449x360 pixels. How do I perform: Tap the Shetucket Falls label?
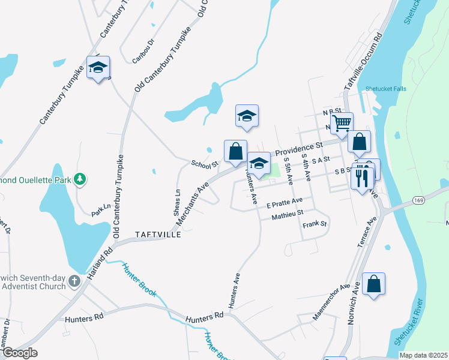pyautogui.click(x=385, y=89)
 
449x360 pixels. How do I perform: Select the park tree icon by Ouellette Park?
pyautogui.click(x=79, y=179)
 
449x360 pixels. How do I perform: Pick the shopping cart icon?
pyautogui.click(x=342, y=124)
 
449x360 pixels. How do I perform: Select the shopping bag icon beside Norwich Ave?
pyautogui.click(x=373, y=284)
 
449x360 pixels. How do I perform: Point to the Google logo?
pyautogui.click(x=20, y=353)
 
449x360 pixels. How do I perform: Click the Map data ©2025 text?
pyautogui.click(x=423, y=355)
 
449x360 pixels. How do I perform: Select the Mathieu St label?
pyautogui.click(x=288, y=214)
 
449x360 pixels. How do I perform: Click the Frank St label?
pyautogui.click(x=315, y=224)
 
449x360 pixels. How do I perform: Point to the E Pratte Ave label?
pyautogui.click(x=285, y=202)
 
